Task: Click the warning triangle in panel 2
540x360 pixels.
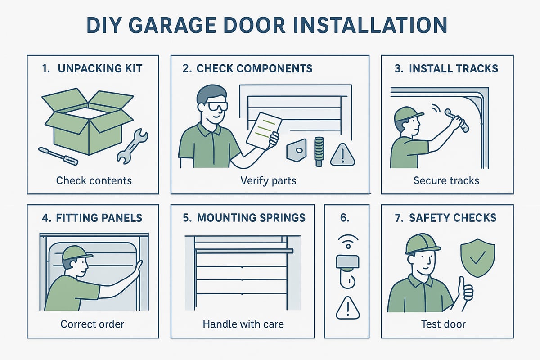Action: coord(342,156)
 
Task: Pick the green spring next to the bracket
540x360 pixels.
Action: coord(319,151)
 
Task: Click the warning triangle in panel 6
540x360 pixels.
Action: coord(346,308)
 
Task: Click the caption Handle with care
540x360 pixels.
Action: coord(243,324)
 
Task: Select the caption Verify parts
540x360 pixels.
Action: coord(269,180)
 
